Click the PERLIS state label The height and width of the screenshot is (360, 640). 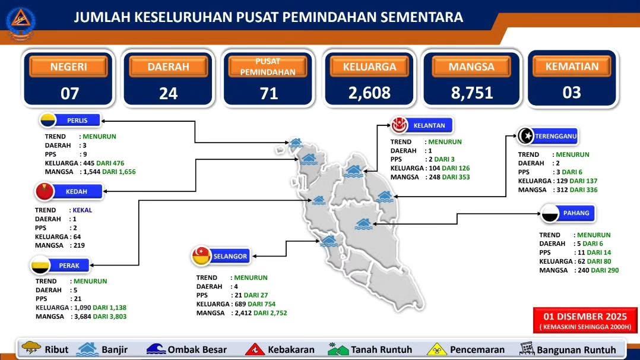[x=77, y=121]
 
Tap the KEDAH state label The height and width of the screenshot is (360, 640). [x=77, y=191]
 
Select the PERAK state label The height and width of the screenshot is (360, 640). [x=69, y=266]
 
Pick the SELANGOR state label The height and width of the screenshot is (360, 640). [x=230, y=256]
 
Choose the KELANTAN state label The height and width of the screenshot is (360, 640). [x=429, y=125]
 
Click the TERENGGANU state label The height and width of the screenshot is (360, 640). [x=556, y=136]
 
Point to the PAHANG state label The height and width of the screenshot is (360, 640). [x=576, y=213]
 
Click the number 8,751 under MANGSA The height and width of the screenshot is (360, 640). [x=472, y=93]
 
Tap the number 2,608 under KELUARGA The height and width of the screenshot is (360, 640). [x=369, y=93]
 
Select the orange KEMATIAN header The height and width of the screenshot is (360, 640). [x=572, y=66]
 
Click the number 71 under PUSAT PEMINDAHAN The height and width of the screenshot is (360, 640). [x=269, y=94]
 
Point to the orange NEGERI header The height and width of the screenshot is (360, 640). [x=69, y=67]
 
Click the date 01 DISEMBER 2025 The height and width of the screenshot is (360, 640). [x=585, y=316]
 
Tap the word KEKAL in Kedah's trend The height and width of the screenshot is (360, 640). [x=82, y=210]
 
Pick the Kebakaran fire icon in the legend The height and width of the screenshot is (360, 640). [x=255, y=349]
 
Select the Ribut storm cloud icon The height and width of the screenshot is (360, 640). [x=31, y=348]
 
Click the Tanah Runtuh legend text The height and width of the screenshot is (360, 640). [x=381, y=350]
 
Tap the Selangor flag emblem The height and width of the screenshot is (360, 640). [x=201, y=256]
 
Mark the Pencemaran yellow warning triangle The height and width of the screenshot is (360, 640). [x=437, y=349]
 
